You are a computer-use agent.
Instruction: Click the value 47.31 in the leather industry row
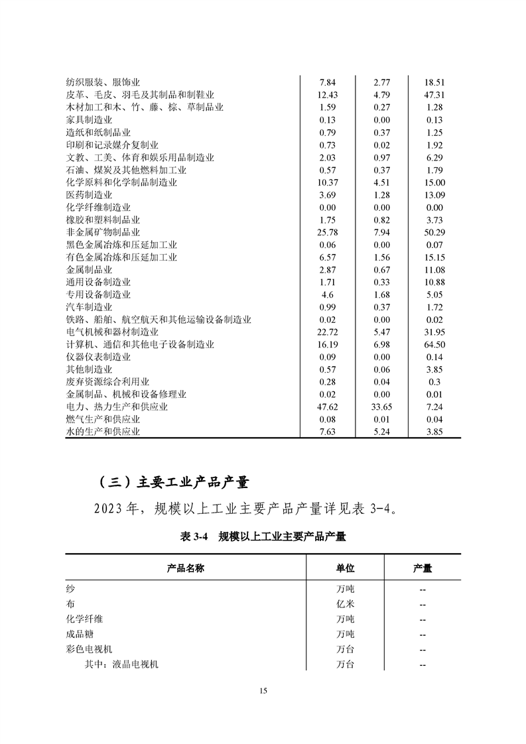434,95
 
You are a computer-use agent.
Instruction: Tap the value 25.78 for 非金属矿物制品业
328,233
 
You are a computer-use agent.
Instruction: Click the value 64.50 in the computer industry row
434,345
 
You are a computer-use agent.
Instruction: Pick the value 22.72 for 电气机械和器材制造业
328,332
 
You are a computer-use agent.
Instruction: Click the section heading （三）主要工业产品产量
169,481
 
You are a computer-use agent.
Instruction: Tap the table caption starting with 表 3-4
263,537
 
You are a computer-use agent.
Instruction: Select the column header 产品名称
185,569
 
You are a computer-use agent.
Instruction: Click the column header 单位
346,569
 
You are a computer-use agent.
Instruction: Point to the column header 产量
423,569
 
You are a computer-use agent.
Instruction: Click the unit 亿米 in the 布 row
346,604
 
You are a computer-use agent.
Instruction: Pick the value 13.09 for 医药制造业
434,195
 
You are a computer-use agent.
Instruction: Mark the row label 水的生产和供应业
103,432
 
